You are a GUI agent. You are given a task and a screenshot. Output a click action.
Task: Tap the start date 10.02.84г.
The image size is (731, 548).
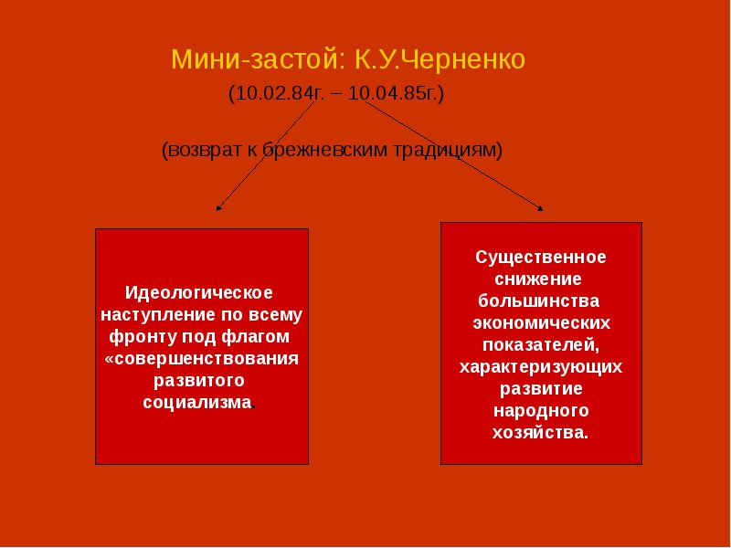[271, 94]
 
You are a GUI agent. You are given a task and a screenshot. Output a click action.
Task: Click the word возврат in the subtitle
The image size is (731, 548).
[202, 148]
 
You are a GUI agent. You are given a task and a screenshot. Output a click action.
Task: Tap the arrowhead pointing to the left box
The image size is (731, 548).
[217, 208]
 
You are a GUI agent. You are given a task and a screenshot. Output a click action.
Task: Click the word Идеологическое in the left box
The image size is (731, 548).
[200, 293]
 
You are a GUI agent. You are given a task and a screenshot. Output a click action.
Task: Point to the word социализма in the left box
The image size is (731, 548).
[196, 403]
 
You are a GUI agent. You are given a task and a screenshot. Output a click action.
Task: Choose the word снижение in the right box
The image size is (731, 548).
[540, 279]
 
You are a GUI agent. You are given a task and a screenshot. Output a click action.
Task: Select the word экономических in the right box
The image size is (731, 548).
[540, 322]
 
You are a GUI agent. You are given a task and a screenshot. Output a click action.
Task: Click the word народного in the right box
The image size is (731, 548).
[540, 410]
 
